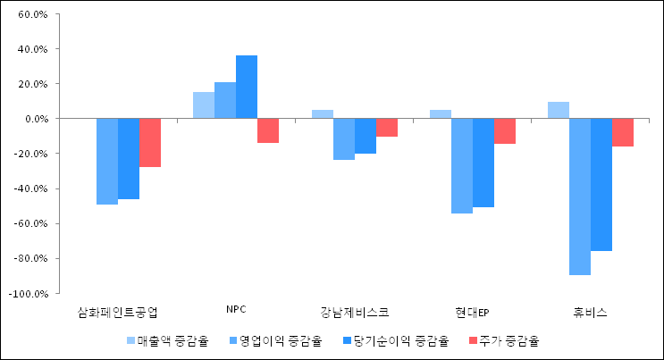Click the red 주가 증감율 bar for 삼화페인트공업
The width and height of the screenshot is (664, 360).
(x=150, y=143)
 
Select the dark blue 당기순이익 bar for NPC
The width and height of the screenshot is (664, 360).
(x=247, y=87)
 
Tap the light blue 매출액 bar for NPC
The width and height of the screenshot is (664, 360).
(x=204, y=105)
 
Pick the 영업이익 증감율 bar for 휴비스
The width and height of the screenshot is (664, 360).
(x=580, y=197)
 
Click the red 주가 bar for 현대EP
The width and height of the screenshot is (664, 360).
(x=505, y=131)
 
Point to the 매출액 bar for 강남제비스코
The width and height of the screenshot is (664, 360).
(x=323, y=114)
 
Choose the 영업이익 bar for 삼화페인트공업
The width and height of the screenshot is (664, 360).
(x=107, y=162)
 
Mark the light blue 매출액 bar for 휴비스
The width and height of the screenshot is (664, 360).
(x=559, y=110)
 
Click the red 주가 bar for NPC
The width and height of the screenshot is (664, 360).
(x=268, y=130)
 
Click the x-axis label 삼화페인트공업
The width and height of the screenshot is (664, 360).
(x=118, y=313)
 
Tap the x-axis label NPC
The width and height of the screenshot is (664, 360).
(x=236, y=310)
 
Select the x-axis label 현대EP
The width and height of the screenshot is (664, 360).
(x=472, y=313)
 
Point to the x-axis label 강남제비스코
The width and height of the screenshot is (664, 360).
(x=354, y=313)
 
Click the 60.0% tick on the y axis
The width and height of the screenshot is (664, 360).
(x=31, y=15)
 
